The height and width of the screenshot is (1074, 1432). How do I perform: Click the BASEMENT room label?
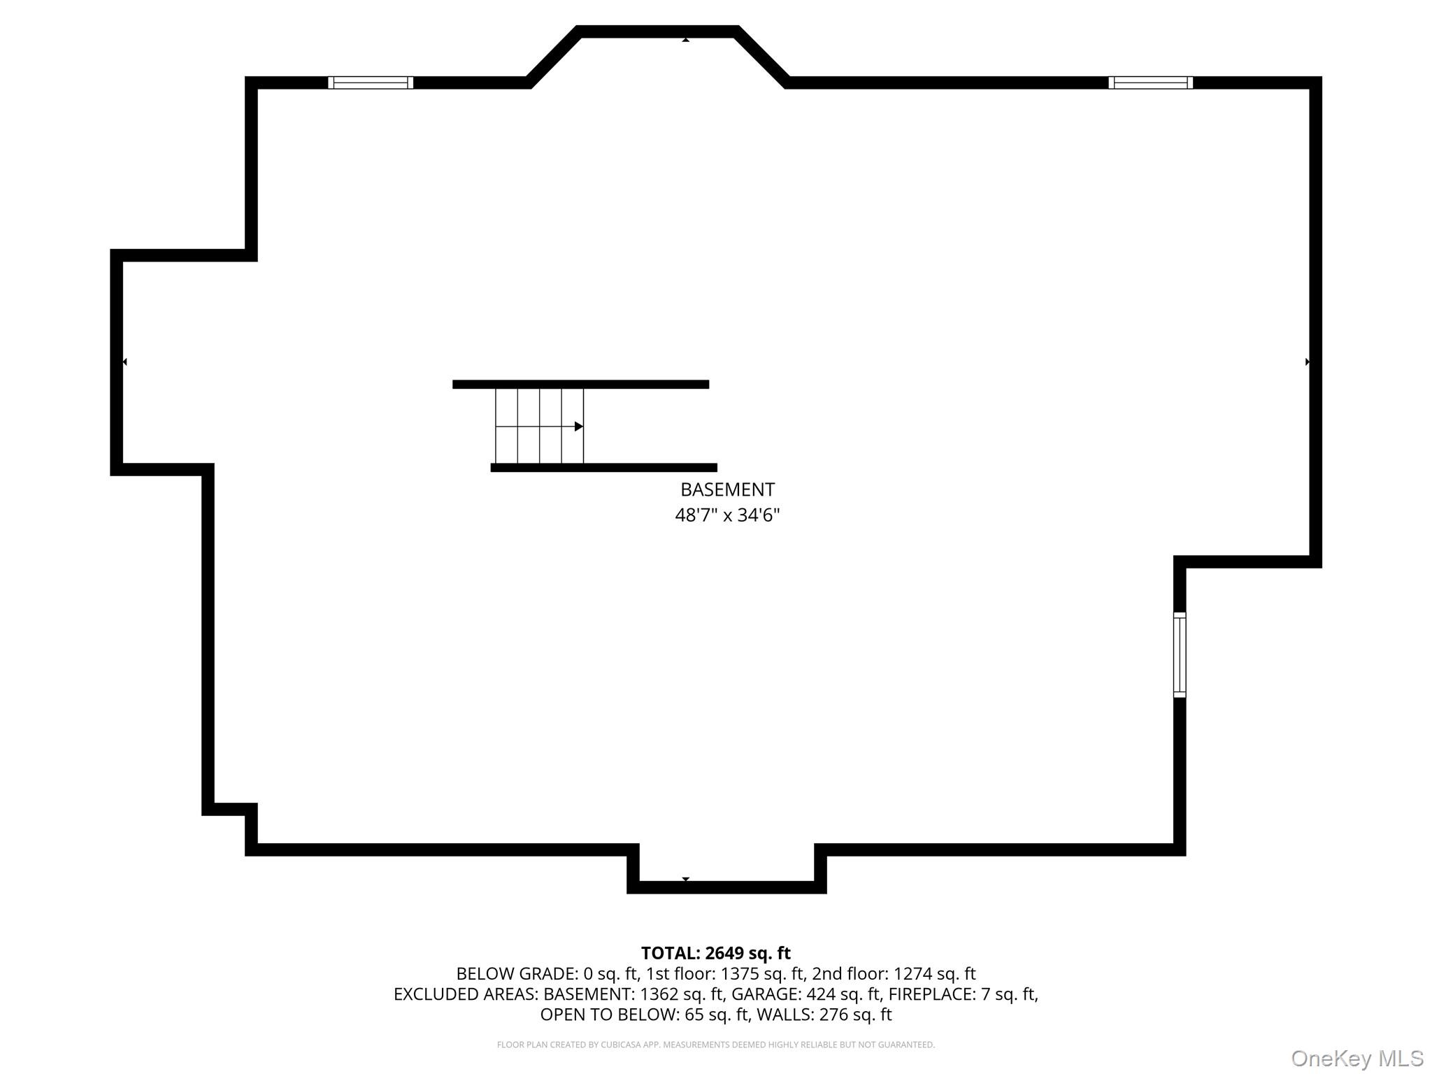pyautogui.click(x=727, y=489)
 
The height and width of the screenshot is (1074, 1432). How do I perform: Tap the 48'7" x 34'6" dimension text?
pyautogui.click(x=727, y=515)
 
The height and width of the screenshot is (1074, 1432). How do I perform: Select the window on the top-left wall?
pyautogui.click(x=371, y=83)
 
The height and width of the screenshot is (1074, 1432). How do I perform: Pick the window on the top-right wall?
pyautogui.click(x=1150, y=83)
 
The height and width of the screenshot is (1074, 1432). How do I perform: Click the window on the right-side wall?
pyautogui.click(x=1180, y=655)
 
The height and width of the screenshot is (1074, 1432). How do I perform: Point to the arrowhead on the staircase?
pyautogui.click(x=579, y=427)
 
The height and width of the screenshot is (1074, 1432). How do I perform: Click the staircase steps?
pyautogui.click(x=539, y=427)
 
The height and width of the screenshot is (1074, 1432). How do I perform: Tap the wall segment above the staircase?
pyautogui.click(x=580, y=385)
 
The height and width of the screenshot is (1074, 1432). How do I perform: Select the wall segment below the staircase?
pyautogui.click(x=603, y=468)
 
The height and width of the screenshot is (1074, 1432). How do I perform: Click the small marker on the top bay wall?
pyautogui.click(x=686, y=40)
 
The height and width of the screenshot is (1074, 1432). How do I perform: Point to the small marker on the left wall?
pyautogui.click(x=124, y=361)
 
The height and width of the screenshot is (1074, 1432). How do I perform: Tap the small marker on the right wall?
pyautogui.click(x=1308, y=361)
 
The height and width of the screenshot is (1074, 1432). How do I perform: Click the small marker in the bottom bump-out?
pyautogui.click(x=686, y=879)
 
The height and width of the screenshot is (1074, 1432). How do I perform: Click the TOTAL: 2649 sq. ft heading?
pyautogui.click(x=716, y=953)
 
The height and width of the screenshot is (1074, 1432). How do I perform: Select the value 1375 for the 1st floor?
pyautogui.click(x=740, y=973)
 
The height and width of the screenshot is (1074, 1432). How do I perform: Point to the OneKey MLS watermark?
pyautogui.click(x=1357, y=1059)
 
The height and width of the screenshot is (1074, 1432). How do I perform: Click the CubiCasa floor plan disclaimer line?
pyautogui.click(x=716, y=1045)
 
